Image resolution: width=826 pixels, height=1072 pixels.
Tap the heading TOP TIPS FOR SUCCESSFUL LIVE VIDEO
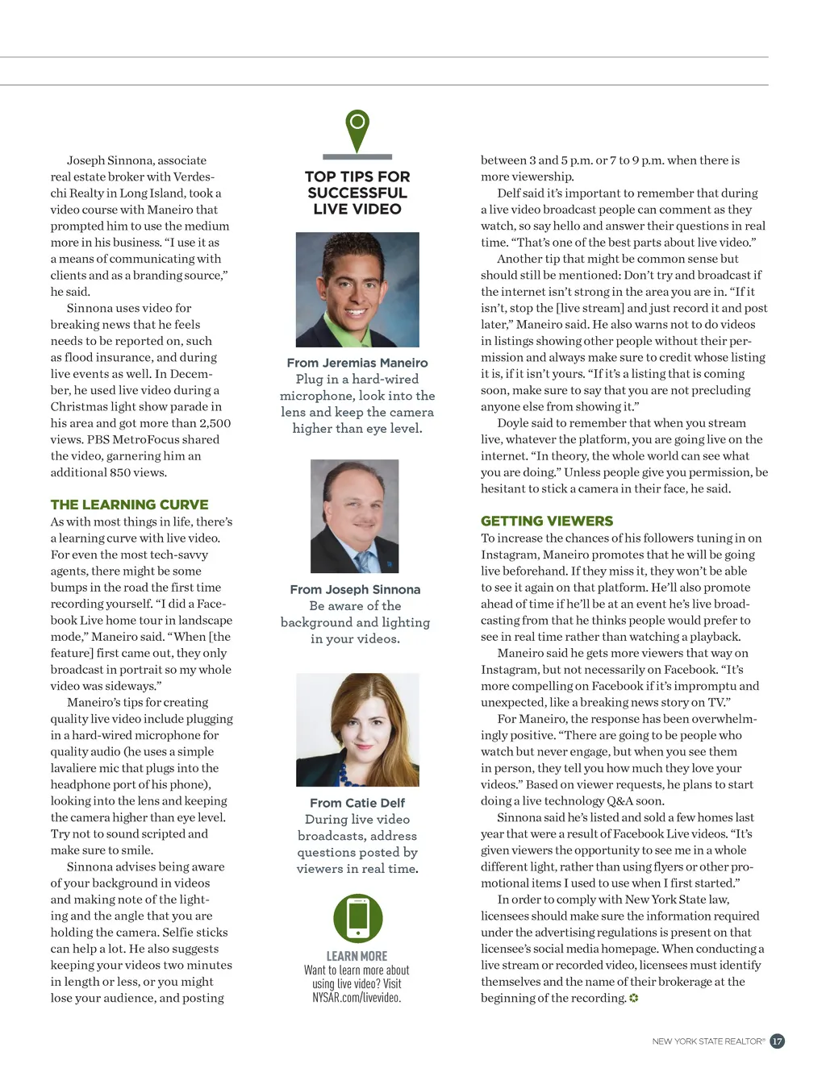tap(357, 193)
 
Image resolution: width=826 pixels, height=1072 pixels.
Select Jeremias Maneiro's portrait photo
tap(357, 289)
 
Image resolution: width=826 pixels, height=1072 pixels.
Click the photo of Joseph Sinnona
tap(355, 516)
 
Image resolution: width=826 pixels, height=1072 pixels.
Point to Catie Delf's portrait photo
tap(357, 729)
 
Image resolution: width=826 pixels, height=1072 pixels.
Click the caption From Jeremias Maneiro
tap(357, 363)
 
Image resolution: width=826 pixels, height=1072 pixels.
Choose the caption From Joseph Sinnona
tap(355, 589)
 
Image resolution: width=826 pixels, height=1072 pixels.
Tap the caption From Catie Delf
tap(357, 803)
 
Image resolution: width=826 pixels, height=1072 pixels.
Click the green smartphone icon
tap(357, 918)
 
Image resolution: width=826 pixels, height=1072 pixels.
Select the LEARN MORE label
tap(357, 956)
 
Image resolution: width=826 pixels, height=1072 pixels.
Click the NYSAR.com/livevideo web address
tap(357, 998)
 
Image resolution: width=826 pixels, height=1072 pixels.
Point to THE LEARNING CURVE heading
tap(129, 505)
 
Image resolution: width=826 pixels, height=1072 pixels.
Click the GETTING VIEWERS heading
tap(547, 521)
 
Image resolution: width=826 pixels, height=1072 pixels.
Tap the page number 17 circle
tap(777, 1041)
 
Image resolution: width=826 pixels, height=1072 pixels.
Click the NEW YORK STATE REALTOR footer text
tap(708, 1041)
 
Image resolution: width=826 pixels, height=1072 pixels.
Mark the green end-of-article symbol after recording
tap(634, 998)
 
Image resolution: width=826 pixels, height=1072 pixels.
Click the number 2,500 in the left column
tap(215, 423)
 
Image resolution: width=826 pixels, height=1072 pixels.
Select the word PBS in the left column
tap(98, 439)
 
